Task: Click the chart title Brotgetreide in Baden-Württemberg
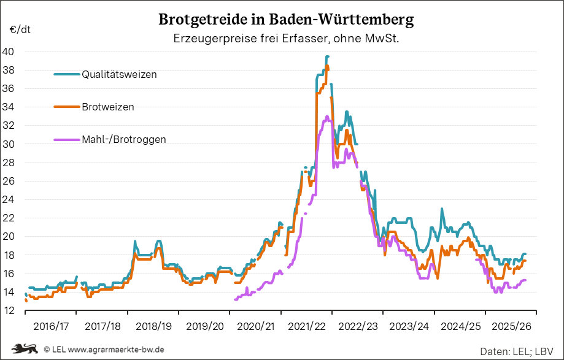286,20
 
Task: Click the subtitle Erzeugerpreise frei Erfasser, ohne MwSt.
286,39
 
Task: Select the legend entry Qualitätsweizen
119,74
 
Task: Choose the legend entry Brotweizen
107,107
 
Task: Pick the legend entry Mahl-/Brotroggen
123,139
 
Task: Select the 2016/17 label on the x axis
51,325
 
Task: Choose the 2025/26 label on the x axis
511,325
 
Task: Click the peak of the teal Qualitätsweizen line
327,56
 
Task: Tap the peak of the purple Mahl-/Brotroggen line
327,116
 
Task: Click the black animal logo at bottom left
25,349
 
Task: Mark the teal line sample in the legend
67,74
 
